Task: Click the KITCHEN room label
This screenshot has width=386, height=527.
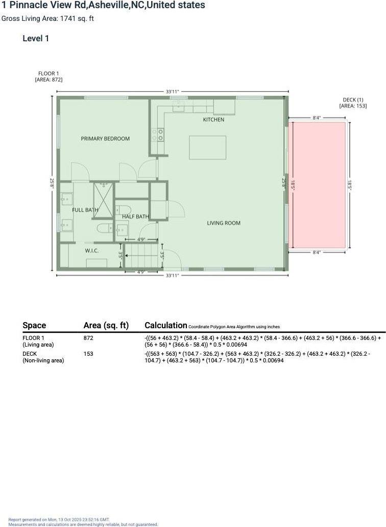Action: click(213, 120)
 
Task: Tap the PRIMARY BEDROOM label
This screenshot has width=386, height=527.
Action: click(105, 139)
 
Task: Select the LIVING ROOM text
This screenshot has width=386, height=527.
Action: click(223, 223)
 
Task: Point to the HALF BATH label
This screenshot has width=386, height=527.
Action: click(135, 217)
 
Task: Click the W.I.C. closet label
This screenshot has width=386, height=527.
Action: click(91, 251)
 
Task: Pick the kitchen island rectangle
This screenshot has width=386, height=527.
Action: click(207, 148)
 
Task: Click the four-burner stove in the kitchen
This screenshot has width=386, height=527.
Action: click(158, 134)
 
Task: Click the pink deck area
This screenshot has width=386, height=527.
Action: click(318, 185)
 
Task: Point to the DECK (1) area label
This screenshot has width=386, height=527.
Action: click(353, 103)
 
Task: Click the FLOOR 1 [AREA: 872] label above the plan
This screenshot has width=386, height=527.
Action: click(49, 77)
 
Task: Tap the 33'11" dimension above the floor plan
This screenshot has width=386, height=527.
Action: click(172, 92)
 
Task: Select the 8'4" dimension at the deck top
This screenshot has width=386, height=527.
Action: click(317, 118)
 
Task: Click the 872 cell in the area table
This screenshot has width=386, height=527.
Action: click(88, 338)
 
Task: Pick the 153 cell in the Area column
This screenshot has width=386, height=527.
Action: click(88, 353)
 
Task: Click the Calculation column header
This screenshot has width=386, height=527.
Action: click(166, 325)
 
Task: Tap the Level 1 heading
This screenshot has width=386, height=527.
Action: click(36, 38)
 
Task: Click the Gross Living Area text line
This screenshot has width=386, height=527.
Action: click(47, 19)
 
